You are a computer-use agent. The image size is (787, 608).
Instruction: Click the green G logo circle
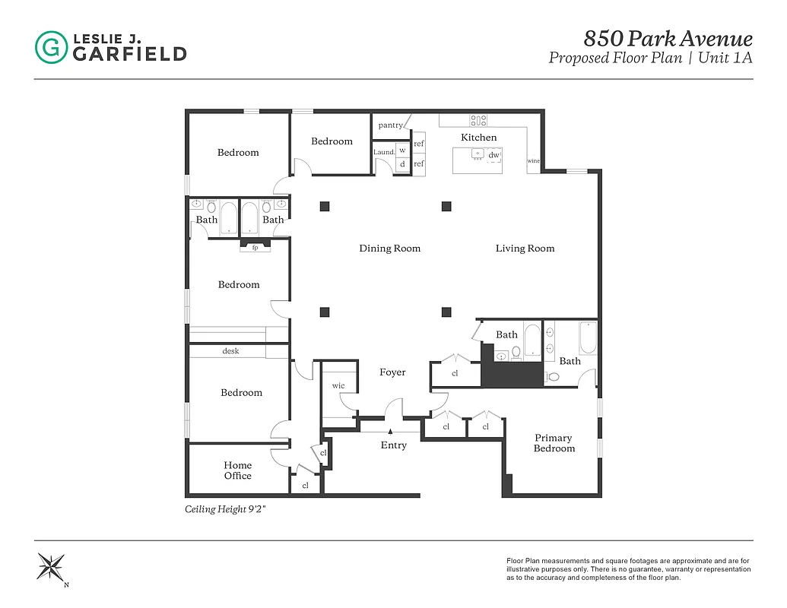[x=51, y=47]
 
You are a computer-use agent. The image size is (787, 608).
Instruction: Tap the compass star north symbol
[x=51, y=567]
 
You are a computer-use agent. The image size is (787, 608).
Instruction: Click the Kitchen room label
[x=479, y=138]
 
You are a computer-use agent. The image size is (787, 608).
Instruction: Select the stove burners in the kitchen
[x=478, y=119]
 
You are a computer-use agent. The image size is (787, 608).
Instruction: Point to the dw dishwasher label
[x=493, y=155]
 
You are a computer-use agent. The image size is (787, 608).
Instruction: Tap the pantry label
[x=390, y=125]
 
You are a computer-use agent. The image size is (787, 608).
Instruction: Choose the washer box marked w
[x=402, y=150]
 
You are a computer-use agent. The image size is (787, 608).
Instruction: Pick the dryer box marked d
[x=402, y=163]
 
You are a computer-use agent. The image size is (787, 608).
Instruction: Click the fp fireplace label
[x=255, y=247]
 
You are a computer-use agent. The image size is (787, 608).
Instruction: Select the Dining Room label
[x=389, y=249]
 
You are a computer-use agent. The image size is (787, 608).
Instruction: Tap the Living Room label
[x=525, y=249]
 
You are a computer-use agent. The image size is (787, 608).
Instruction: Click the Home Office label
[x=237, y=470]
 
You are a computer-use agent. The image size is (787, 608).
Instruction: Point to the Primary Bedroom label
[x=554, y=443]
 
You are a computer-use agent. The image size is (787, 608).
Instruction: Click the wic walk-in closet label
[x=338, y=386]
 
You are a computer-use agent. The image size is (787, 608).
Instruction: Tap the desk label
[x=230, y=351]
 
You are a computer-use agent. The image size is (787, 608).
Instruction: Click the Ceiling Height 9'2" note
[x=225, y=510]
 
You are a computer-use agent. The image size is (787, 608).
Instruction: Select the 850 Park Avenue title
[x=668, y=39]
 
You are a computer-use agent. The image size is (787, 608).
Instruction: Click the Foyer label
[x=392, y=372]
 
